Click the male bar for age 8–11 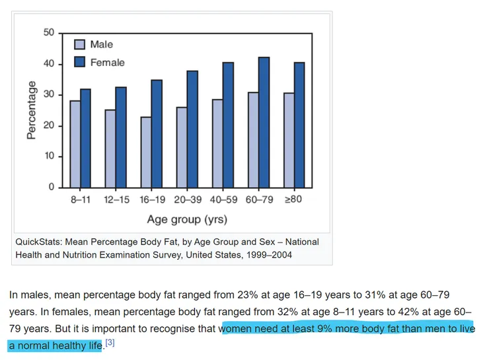pyautogui.click(x=75, y=144)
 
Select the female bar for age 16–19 pyautogui.click(x=157, y=133)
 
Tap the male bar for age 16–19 pyautogui.click(x=146, y=152)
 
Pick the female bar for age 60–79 pyautogui.click(x=263, y=122)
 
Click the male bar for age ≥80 pyautogui.click(x=289, y=140)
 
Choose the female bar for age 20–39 pyautogui.click(x=192, y=129)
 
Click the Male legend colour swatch pyautogui.click(x=79, y=44)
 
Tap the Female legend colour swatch pyautogui.click(x=79, y=62)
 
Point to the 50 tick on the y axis pyautogui.click(x=49, y=33)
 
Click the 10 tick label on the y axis pyautogui.click(x=49, y=157)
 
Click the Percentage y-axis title pyautogui.click(x=31, y=110)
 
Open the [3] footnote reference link pyautogui.click(x=110, y=343)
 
